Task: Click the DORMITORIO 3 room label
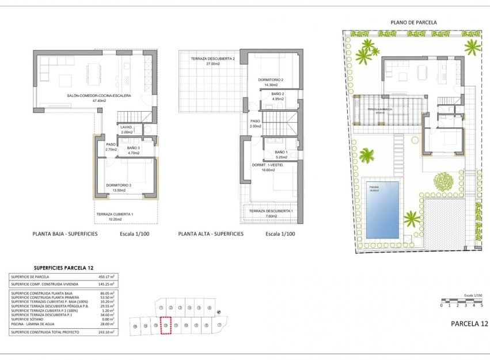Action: coord(119,185)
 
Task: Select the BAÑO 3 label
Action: coord(134,147)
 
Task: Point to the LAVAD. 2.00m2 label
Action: coord(126,127)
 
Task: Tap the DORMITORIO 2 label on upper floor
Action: coord(271,80)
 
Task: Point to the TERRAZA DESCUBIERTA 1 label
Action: coord(271,211)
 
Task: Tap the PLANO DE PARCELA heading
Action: coord(413,22)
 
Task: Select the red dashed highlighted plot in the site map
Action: coord(165,326)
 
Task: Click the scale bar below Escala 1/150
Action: coord(461,300)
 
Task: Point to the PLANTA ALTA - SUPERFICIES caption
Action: coord(211,234)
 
